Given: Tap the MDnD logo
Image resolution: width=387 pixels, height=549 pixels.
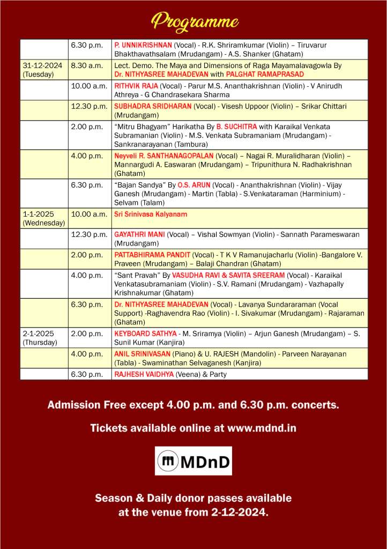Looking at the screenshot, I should tap(193, 461).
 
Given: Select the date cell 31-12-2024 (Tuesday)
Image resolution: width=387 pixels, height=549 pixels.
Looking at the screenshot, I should tap(42, 70).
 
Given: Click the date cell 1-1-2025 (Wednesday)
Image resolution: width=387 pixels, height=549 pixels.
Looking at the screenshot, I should tap(43, 218).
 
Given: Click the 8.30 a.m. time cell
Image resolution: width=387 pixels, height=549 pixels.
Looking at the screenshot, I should tap(85, 65).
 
